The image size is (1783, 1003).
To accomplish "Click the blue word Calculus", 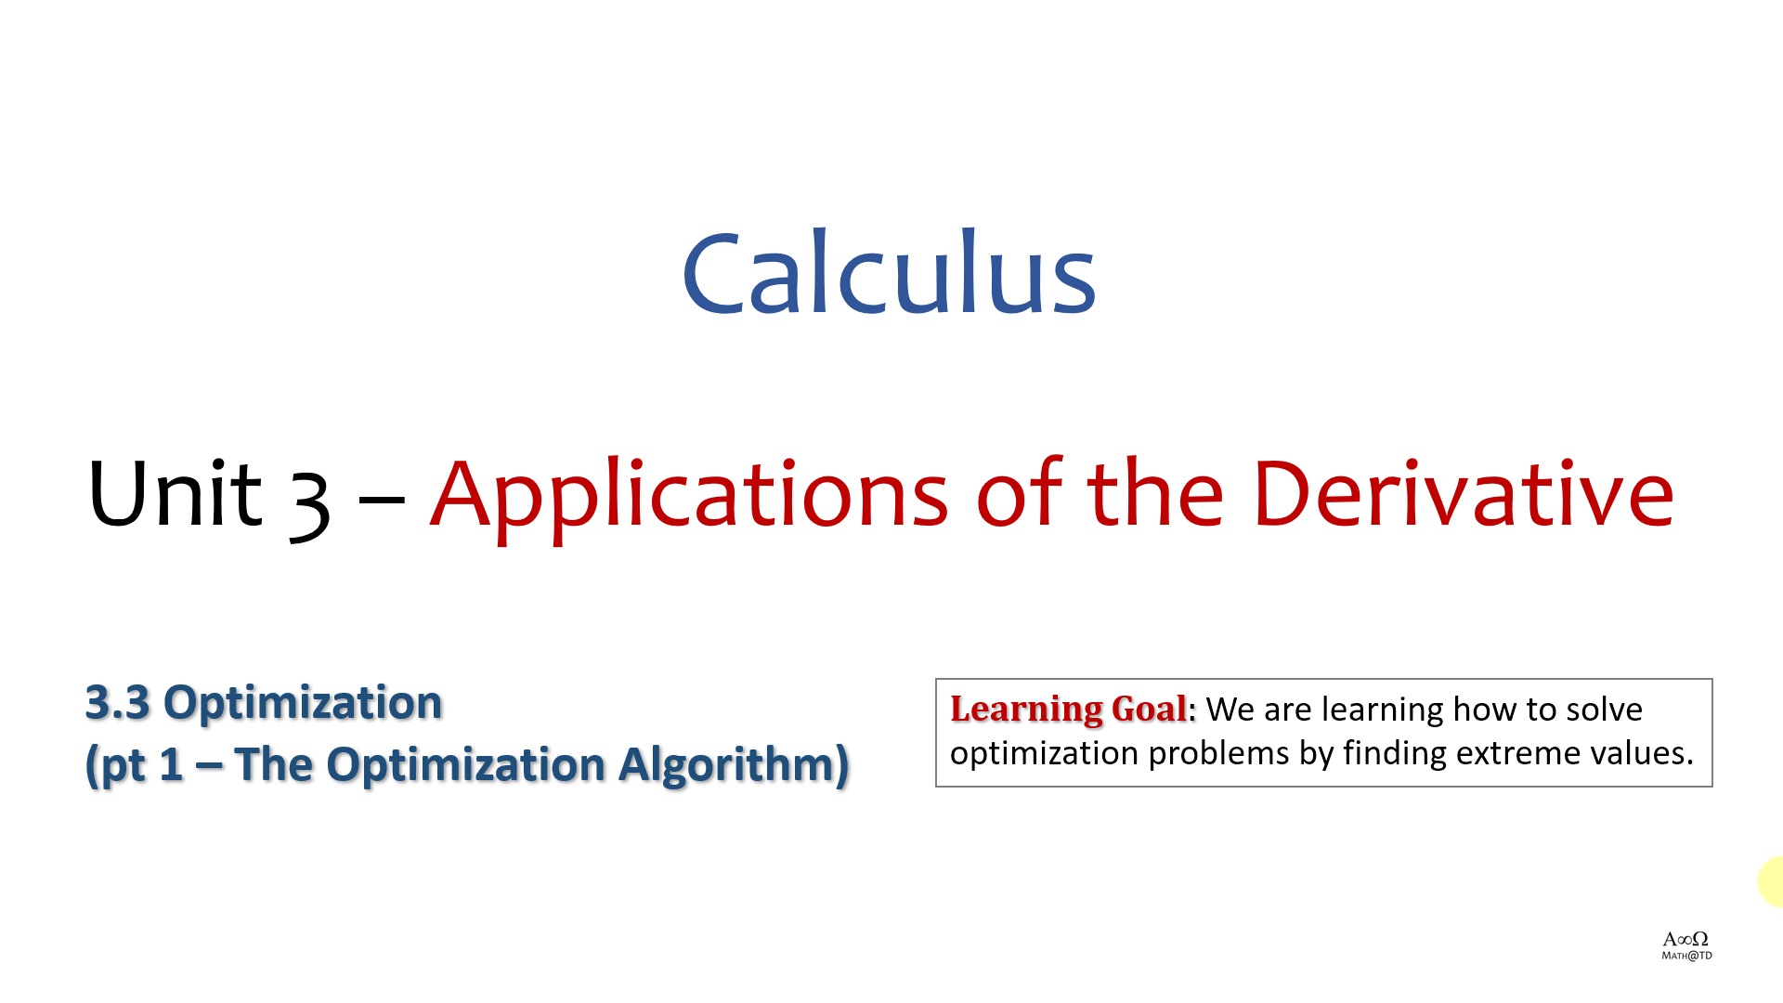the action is pos(890,272).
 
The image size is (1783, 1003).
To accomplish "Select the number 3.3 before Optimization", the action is pos(117,702).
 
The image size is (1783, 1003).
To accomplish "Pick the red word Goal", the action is pos(1149,709).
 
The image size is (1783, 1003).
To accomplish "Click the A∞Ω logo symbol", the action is pos(1685,939).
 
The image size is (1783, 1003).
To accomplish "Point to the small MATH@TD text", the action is pos(1686,956).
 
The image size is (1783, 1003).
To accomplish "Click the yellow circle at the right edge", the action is pos(1771,881).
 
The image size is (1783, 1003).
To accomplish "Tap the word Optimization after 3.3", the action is pos(303,703).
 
